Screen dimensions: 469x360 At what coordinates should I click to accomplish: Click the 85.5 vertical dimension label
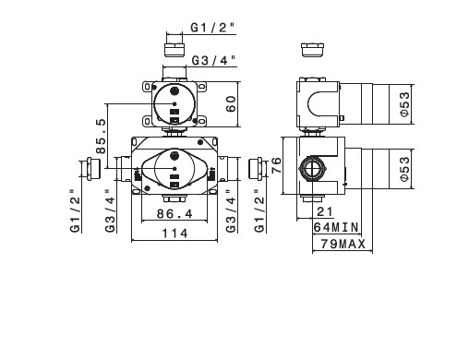tap(101, 136)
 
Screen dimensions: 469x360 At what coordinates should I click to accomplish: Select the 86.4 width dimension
tap(174, 214)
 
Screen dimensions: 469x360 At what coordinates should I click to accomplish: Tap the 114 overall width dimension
tap(174, 234)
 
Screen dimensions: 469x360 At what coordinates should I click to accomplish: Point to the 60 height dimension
tap(231, 104)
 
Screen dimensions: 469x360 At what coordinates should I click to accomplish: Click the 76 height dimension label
tap(276, 165)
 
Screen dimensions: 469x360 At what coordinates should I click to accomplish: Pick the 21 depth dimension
tap(325, 211)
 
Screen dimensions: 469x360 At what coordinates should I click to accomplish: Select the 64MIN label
tap(336, 228)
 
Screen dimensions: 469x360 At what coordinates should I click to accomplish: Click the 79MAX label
tap(343, 244)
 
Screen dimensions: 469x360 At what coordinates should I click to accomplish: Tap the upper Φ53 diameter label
tap(405, 104)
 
